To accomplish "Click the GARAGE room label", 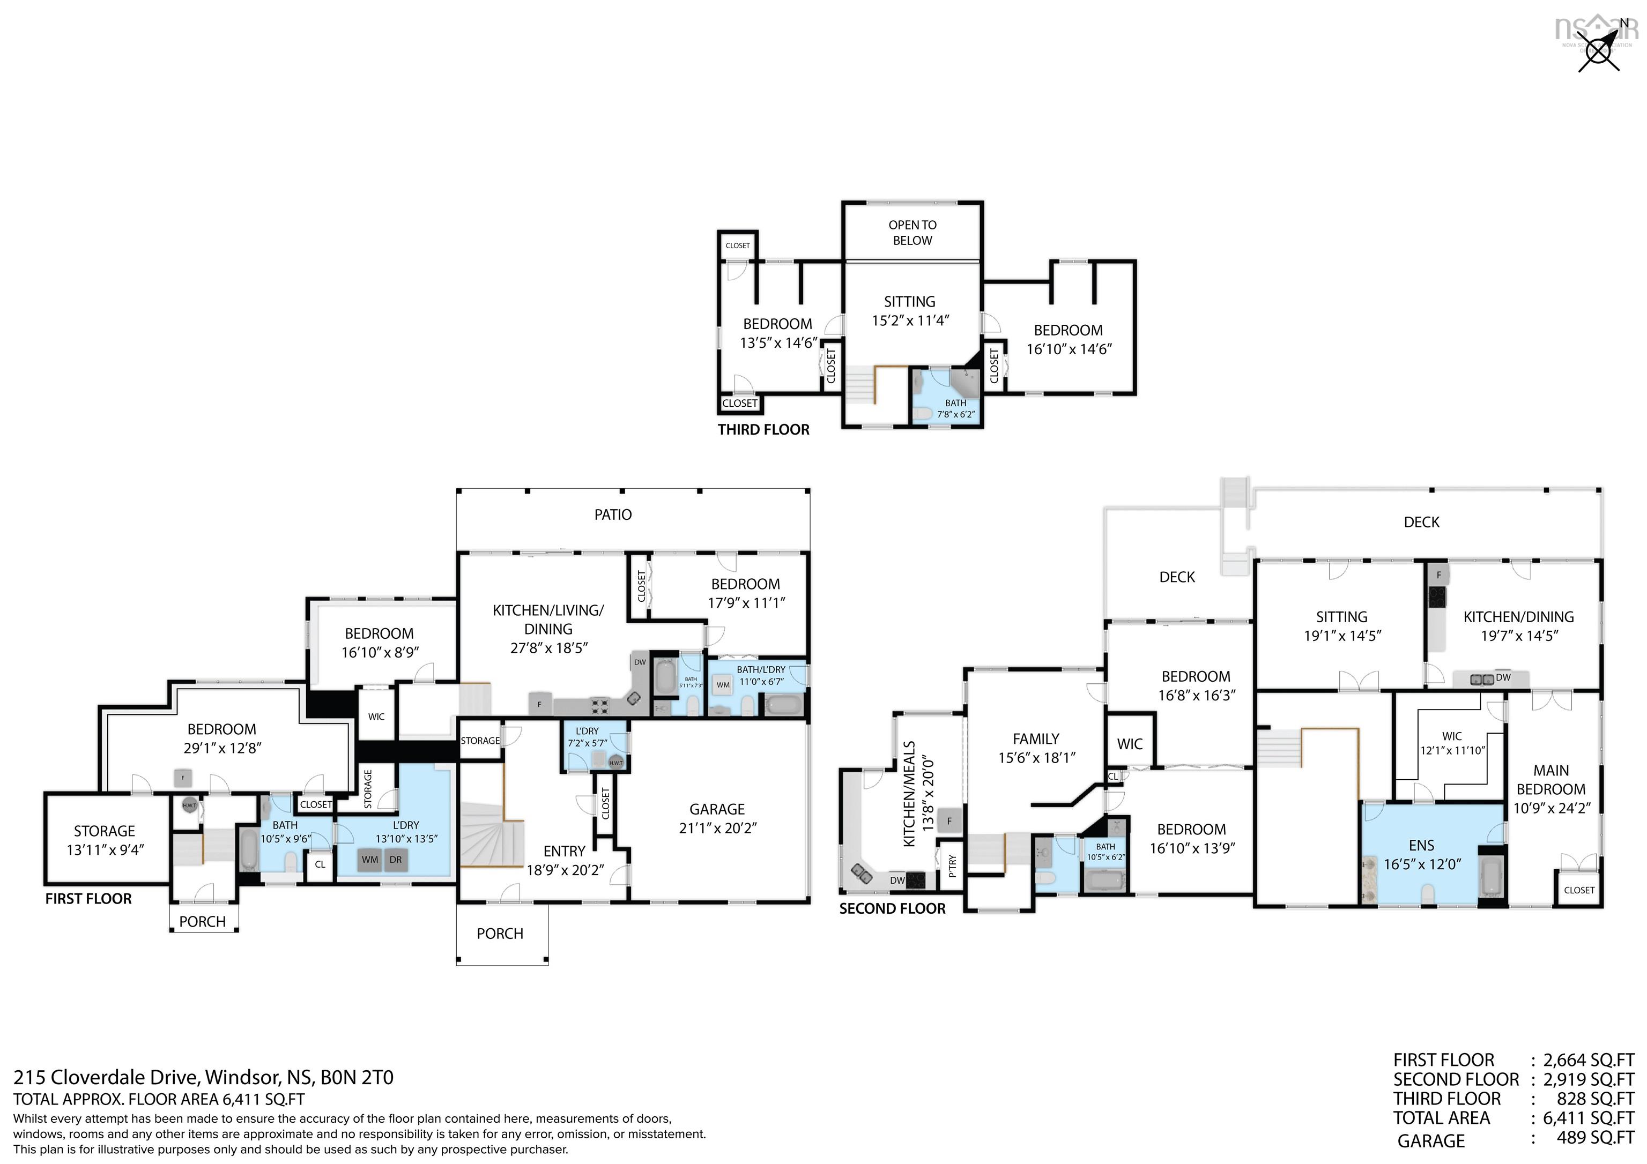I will pos(717,809).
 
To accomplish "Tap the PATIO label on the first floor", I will pos(613,514).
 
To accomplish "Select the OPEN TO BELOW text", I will pos(912,233).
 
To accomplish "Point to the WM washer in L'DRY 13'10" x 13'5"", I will pos(369,859).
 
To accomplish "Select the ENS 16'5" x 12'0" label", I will pos(1421,854).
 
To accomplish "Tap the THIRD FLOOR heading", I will pos(763,430).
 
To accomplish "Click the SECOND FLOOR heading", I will pos(892,909).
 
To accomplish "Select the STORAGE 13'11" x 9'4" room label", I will pos(105,840).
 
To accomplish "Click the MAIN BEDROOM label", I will pos(1551,789).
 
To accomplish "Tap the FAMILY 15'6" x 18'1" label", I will pos(1035,747).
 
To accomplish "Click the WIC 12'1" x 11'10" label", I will pos(1452,743).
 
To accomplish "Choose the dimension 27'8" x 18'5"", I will pos(549,647).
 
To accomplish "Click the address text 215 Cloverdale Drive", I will pos(106,1077).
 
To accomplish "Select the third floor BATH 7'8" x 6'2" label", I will pos(955,408).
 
